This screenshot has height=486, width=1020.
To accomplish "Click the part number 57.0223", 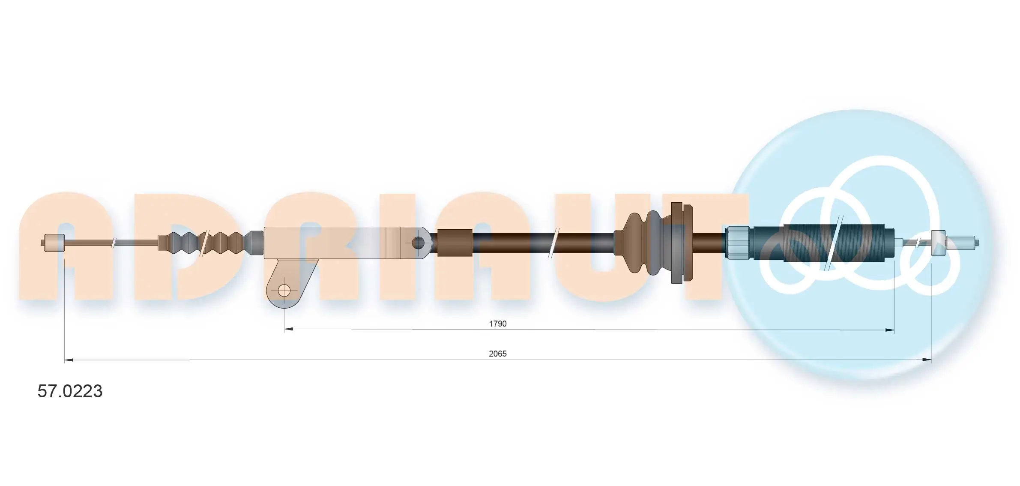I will click(x=70, y=391).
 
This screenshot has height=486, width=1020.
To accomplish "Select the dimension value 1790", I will click(x=497, y=324).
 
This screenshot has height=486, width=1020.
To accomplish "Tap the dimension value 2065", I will click(x=497, y=354).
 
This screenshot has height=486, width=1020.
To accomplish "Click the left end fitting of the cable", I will click(x=54, y=243).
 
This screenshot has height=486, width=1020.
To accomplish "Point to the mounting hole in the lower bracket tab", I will click(x=284, y=291).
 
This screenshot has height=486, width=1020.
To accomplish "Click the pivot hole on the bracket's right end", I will click(x=418, y=243).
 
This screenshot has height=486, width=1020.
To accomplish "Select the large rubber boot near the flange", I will click(x=643, y=243).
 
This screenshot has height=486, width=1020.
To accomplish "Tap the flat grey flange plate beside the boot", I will click(x=676, y=243).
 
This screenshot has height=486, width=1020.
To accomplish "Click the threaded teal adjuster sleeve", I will click(x=823, y=243).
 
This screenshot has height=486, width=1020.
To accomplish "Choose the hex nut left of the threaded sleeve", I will click(x=738, y=243).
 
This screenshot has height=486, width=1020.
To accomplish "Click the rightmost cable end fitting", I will click(x=962, y=243).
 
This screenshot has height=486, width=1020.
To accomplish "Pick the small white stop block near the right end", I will click(x=938, y=243).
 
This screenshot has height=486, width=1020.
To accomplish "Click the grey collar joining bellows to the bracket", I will click(x=257, y=243).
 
